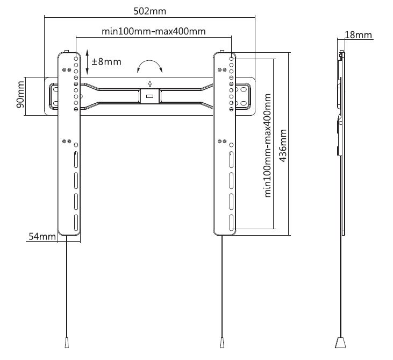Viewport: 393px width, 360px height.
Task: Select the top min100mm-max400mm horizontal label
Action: click(154, 31)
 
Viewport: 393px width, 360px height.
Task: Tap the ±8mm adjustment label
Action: click(106, 61)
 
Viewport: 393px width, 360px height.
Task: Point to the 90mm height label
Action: click(20, 95)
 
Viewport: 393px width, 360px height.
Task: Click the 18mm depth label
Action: click(358, 35)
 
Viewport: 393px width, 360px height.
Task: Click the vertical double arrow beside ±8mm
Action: click(87, 61)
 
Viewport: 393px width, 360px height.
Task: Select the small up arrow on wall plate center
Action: click(151, 83)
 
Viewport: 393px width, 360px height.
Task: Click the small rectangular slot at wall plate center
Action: click(151, 96)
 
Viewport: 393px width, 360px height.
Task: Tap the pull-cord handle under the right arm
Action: click(221, 342)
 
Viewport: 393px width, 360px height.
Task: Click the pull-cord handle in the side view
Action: click(340, 343)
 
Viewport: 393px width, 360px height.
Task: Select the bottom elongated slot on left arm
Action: click(76, 221)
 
